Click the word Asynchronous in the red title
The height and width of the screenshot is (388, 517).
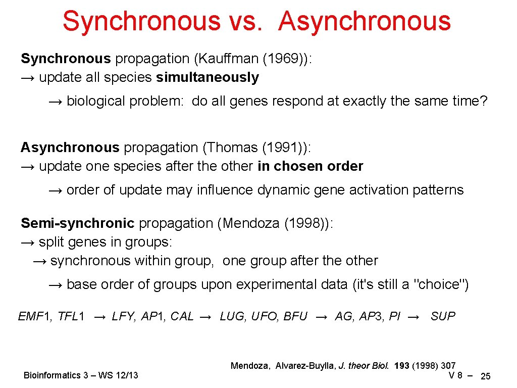coord(365,21)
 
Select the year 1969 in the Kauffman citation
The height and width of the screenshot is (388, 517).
coord(283,59)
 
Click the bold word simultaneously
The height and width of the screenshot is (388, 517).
coord(208,78)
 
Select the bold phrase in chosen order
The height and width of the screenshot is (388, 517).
coord(310,167)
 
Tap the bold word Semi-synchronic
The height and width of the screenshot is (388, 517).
coord(78,223)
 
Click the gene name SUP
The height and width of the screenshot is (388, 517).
coord(443,317)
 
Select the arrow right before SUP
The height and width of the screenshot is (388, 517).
coord(413,317)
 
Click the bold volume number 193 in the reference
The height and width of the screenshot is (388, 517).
coord(402,366)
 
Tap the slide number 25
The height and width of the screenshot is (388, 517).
coord(486,376)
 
